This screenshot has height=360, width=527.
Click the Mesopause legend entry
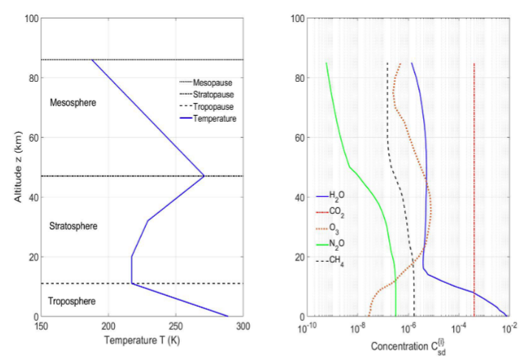[x=212, y=83]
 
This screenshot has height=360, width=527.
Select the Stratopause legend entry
[x=214, y=94]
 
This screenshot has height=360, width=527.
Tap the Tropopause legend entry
[x=214, y=106]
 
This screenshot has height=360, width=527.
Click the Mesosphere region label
[x=72, y=103]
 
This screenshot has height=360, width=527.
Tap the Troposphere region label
[x=71, y=301]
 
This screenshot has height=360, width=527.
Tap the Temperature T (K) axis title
[x=143, y=342]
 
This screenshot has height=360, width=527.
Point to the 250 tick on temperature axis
[x=177, y=327]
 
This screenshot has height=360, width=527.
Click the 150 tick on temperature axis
[x=42, y=327]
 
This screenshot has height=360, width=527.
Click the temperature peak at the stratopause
[x=204, y=176]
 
